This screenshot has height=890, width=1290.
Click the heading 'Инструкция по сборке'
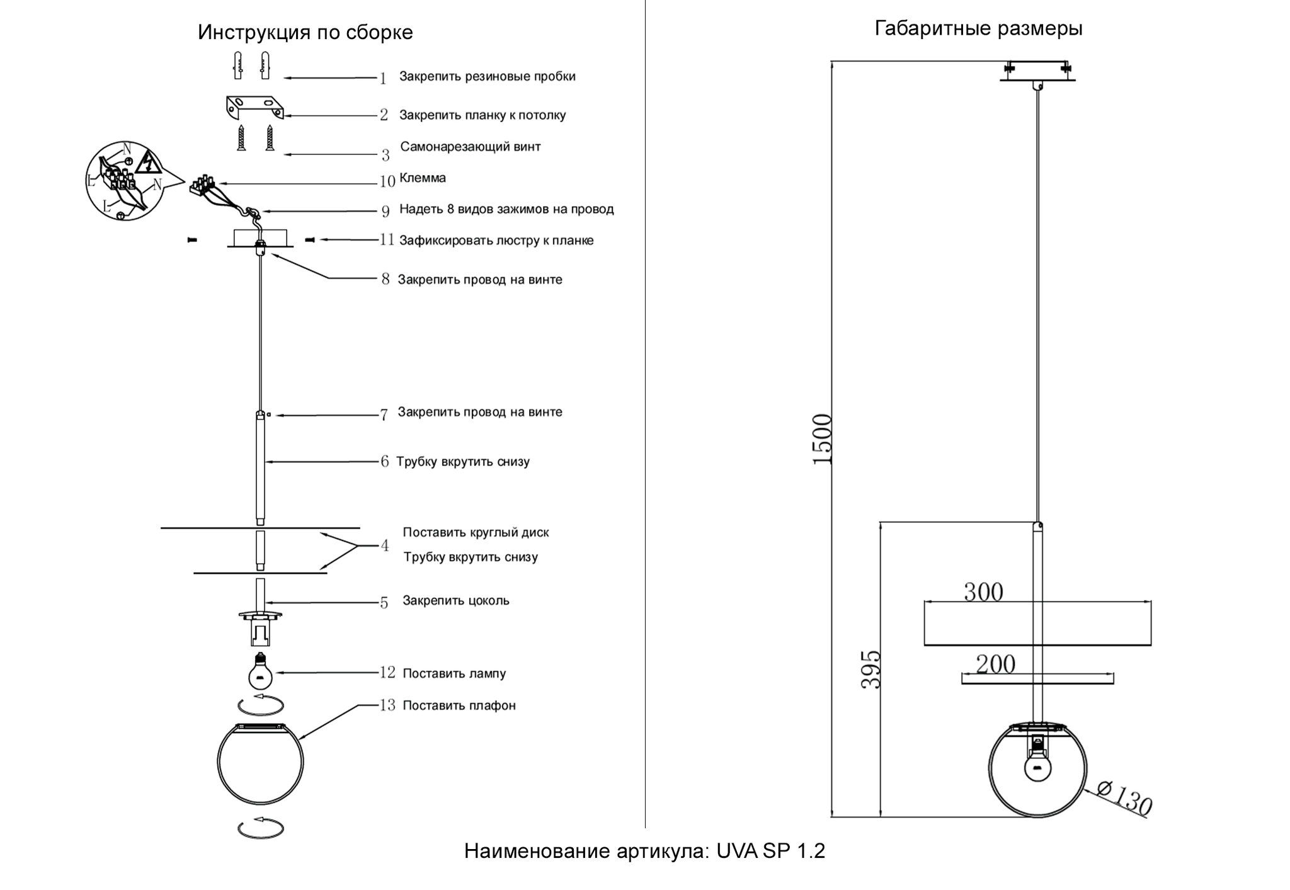click(305, 32)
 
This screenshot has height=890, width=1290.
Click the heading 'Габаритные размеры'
click(978, 28)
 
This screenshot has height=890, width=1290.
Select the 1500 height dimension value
click(823, 440)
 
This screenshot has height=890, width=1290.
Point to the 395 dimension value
click(871, 670)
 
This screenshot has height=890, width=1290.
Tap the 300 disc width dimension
click(983, 592)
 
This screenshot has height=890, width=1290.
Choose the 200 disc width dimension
click(995, 664)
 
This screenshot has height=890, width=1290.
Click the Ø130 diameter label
click(1124, 799)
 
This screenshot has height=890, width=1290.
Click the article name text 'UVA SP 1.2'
click(770, 851)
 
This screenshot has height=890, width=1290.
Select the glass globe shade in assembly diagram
click(260, 763)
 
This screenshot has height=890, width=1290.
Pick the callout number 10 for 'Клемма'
click(387, 181)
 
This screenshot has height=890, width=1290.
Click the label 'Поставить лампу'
click(454, 673)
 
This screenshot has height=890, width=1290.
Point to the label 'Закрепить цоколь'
click(456, 601)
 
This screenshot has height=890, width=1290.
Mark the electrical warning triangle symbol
click(148, 163)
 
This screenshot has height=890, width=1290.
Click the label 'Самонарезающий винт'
click(471, 147)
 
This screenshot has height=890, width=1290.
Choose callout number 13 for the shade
click(387, 705)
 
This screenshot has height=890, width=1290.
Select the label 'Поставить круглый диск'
click(476, 532)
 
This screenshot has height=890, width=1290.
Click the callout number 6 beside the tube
click(384, 462)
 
